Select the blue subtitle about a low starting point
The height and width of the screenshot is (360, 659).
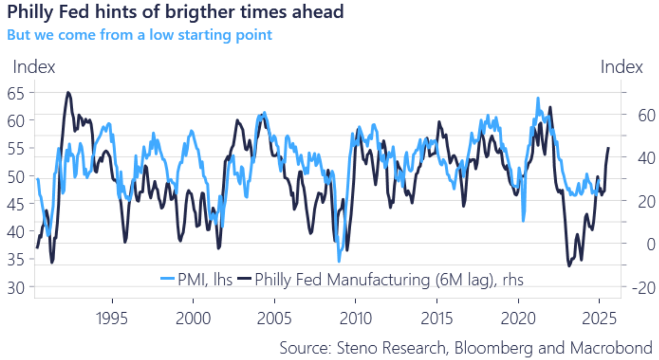click(140, 35)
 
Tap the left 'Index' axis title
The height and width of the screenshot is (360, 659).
click(34, 67)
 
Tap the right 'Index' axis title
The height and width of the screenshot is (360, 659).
click(621, 67)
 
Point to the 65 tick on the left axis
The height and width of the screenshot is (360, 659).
click(16, 93)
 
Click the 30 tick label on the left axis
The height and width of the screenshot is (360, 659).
click(16, 288)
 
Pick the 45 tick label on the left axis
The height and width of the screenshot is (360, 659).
click(16, 205)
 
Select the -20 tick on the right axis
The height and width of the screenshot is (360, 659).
click(643, 288)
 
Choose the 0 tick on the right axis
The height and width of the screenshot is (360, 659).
click(651, 244)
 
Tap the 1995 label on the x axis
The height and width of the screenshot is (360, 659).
click(112, 319)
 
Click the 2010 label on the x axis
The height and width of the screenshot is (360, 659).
click(355, 319)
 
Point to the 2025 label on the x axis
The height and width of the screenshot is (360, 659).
click(599, 319)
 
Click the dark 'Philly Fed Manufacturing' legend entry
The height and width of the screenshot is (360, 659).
click(381, 280)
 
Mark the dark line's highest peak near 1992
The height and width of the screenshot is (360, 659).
click(68, 92)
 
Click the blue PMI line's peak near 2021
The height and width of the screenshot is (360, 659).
click(538, 99)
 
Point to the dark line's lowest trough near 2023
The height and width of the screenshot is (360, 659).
click(569, 266)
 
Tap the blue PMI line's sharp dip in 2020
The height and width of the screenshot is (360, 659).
click(523, 220)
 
